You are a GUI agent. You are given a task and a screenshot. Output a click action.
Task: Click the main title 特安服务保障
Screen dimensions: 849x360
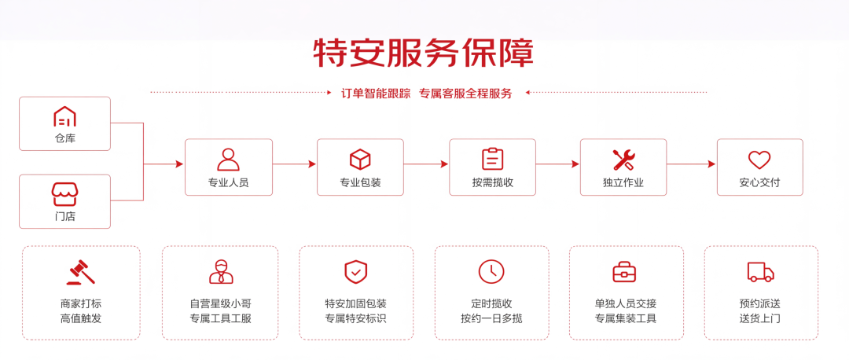tap(424, 53)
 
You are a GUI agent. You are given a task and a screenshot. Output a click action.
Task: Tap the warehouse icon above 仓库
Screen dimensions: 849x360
tap(64, 116)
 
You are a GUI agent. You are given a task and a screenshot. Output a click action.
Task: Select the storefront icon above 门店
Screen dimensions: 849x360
tap(65, 194)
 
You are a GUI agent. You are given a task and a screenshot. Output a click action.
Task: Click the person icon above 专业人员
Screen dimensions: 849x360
tap(229, 159)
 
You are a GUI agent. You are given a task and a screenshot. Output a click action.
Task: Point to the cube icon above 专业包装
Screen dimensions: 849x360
tap(360, 159)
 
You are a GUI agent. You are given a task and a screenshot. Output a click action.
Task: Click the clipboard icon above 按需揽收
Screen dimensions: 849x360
tap(493, 159)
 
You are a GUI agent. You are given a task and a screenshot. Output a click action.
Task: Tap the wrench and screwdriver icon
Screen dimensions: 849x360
tap(623, 159)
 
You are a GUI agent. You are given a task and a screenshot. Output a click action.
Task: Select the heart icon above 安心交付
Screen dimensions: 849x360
tap(759, 159)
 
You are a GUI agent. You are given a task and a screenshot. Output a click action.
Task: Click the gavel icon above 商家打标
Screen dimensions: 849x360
tap(81, 272)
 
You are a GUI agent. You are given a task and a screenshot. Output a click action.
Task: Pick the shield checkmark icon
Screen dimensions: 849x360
tap(356, 272)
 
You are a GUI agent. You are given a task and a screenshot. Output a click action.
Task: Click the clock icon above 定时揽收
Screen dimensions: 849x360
tap(491, 272)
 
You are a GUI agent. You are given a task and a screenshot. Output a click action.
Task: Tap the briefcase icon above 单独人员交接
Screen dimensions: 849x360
tap(625, 272)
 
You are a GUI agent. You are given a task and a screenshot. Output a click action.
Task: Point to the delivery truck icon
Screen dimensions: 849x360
tap(761, 272)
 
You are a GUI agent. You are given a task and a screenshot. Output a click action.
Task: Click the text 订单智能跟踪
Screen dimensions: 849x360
tap(376, 93)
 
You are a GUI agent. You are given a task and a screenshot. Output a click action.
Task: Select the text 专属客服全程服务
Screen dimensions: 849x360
tap(465, 93)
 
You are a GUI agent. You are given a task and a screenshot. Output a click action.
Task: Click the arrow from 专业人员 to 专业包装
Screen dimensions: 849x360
tap(295, 164)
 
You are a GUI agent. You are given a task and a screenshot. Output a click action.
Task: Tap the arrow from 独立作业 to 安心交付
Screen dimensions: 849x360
tap(692, 164)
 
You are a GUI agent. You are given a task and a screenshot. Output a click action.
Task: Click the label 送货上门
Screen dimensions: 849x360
tap(760, 318)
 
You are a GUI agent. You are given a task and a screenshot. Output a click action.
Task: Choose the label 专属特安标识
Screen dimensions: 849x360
tap(356, 318)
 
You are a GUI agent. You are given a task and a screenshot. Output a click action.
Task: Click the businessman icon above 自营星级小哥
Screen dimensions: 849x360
tap(221, 272)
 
